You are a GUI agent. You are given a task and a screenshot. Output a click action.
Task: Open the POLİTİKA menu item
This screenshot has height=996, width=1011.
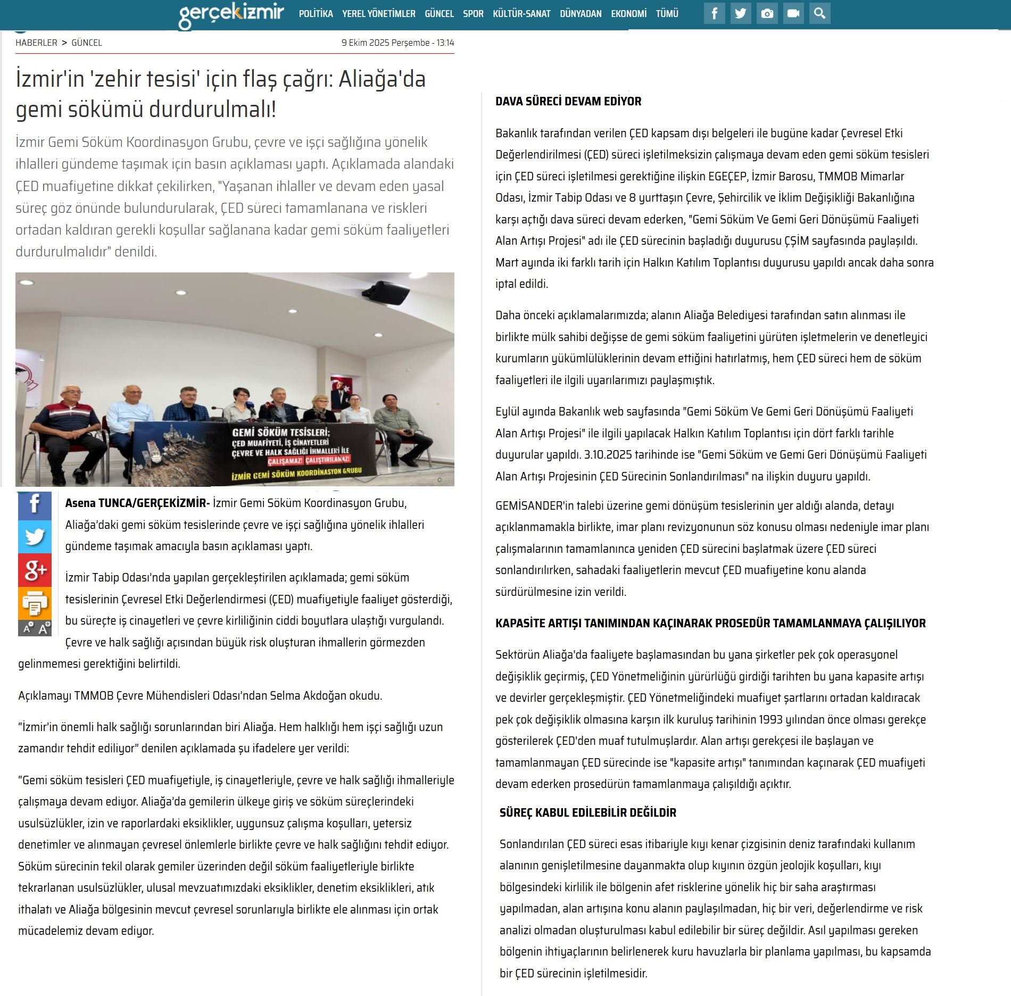(x=316, y=14)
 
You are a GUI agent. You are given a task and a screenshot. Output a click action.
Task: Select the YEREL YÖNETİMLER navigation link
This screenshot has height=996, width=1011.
(x=378, y=14)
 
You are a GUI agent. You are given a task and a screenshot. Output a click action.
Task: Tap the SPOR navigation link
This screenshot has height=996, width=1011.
(x=473, y=14)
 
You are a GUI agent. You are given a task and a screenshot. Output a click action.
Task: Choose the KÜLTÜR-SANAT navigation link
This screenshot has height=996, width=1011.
(x=521, y=14)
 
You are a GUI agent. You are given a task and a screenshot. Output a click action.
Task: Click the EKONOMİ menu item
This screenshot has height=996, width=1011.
(x=628, y=14)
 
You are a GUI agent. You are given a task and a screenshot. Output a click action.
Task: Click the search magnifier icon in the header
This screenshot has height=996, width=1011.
(x=819, y=14)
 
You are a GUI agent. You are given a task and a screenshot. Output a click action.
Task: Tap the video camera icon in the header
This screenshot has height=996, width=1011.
(x=793, y=14)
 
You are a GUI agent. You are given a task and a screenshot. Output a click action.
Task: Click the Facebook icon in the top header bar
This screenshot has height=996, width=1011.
(x=714, y=14)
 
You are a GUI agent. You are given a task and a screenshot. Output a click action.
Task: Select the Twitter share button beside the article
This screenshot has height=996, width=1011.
(x=35, y=537)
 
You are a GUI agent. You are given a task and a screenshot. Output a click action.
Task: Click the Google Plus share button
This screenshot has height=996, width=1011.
(x=35, y=570)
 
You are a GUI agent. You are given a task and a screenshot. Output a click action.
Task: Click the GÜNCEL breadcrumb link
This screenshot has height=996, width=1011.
(x=87, y=43)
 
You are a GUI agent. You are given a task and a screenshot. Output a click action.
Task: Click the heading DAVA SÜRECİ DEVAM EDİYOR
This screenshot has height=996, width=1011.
(x=568, y=101)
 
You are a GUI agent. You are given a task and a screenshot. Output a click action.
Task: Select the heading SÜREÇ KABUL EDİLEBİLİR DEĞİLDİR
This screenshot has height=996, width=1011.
(x=587, y=812)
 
